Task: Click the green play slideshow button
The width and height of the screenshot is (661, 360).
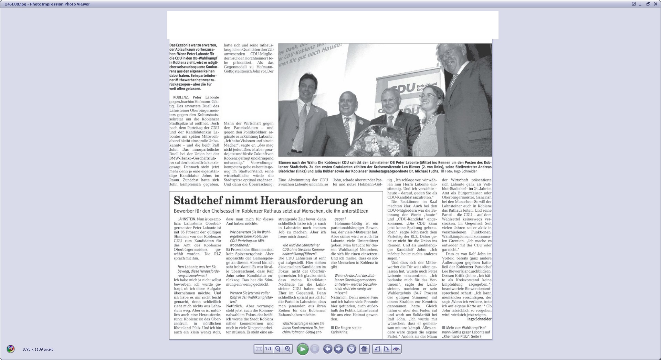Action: [x=302, y=349]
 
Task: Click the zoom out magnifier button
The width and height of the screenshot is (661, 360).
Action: [x=278, y=349]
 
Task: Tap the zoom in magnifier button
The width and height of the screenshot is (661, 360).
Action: [x=288, y=349]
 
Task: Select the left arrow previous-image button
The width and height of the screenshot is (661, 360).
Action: [x=328, y=349]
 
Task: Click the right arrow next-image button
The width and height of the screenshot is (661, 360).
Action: [x=338, y=349]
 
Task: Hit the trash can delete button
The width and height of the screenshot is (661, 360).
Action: [x=364, y=349]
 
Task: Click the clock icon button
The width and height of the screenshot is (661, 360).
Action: [x=351, y=349]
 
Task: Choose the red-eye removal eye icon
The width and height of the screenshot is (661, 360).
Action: [x=397, y=349]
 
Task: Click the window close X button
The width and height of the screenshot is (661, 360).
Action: [x=656, y=4]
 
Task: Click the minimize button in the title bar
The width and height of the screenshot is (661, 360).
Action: [x=641, y=4]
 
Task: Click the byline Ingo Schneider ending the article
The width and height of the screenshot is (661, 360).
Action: [x=479, y=319]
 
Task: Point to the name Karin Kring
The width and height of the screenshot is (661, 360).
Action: [x=339, y=332]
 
